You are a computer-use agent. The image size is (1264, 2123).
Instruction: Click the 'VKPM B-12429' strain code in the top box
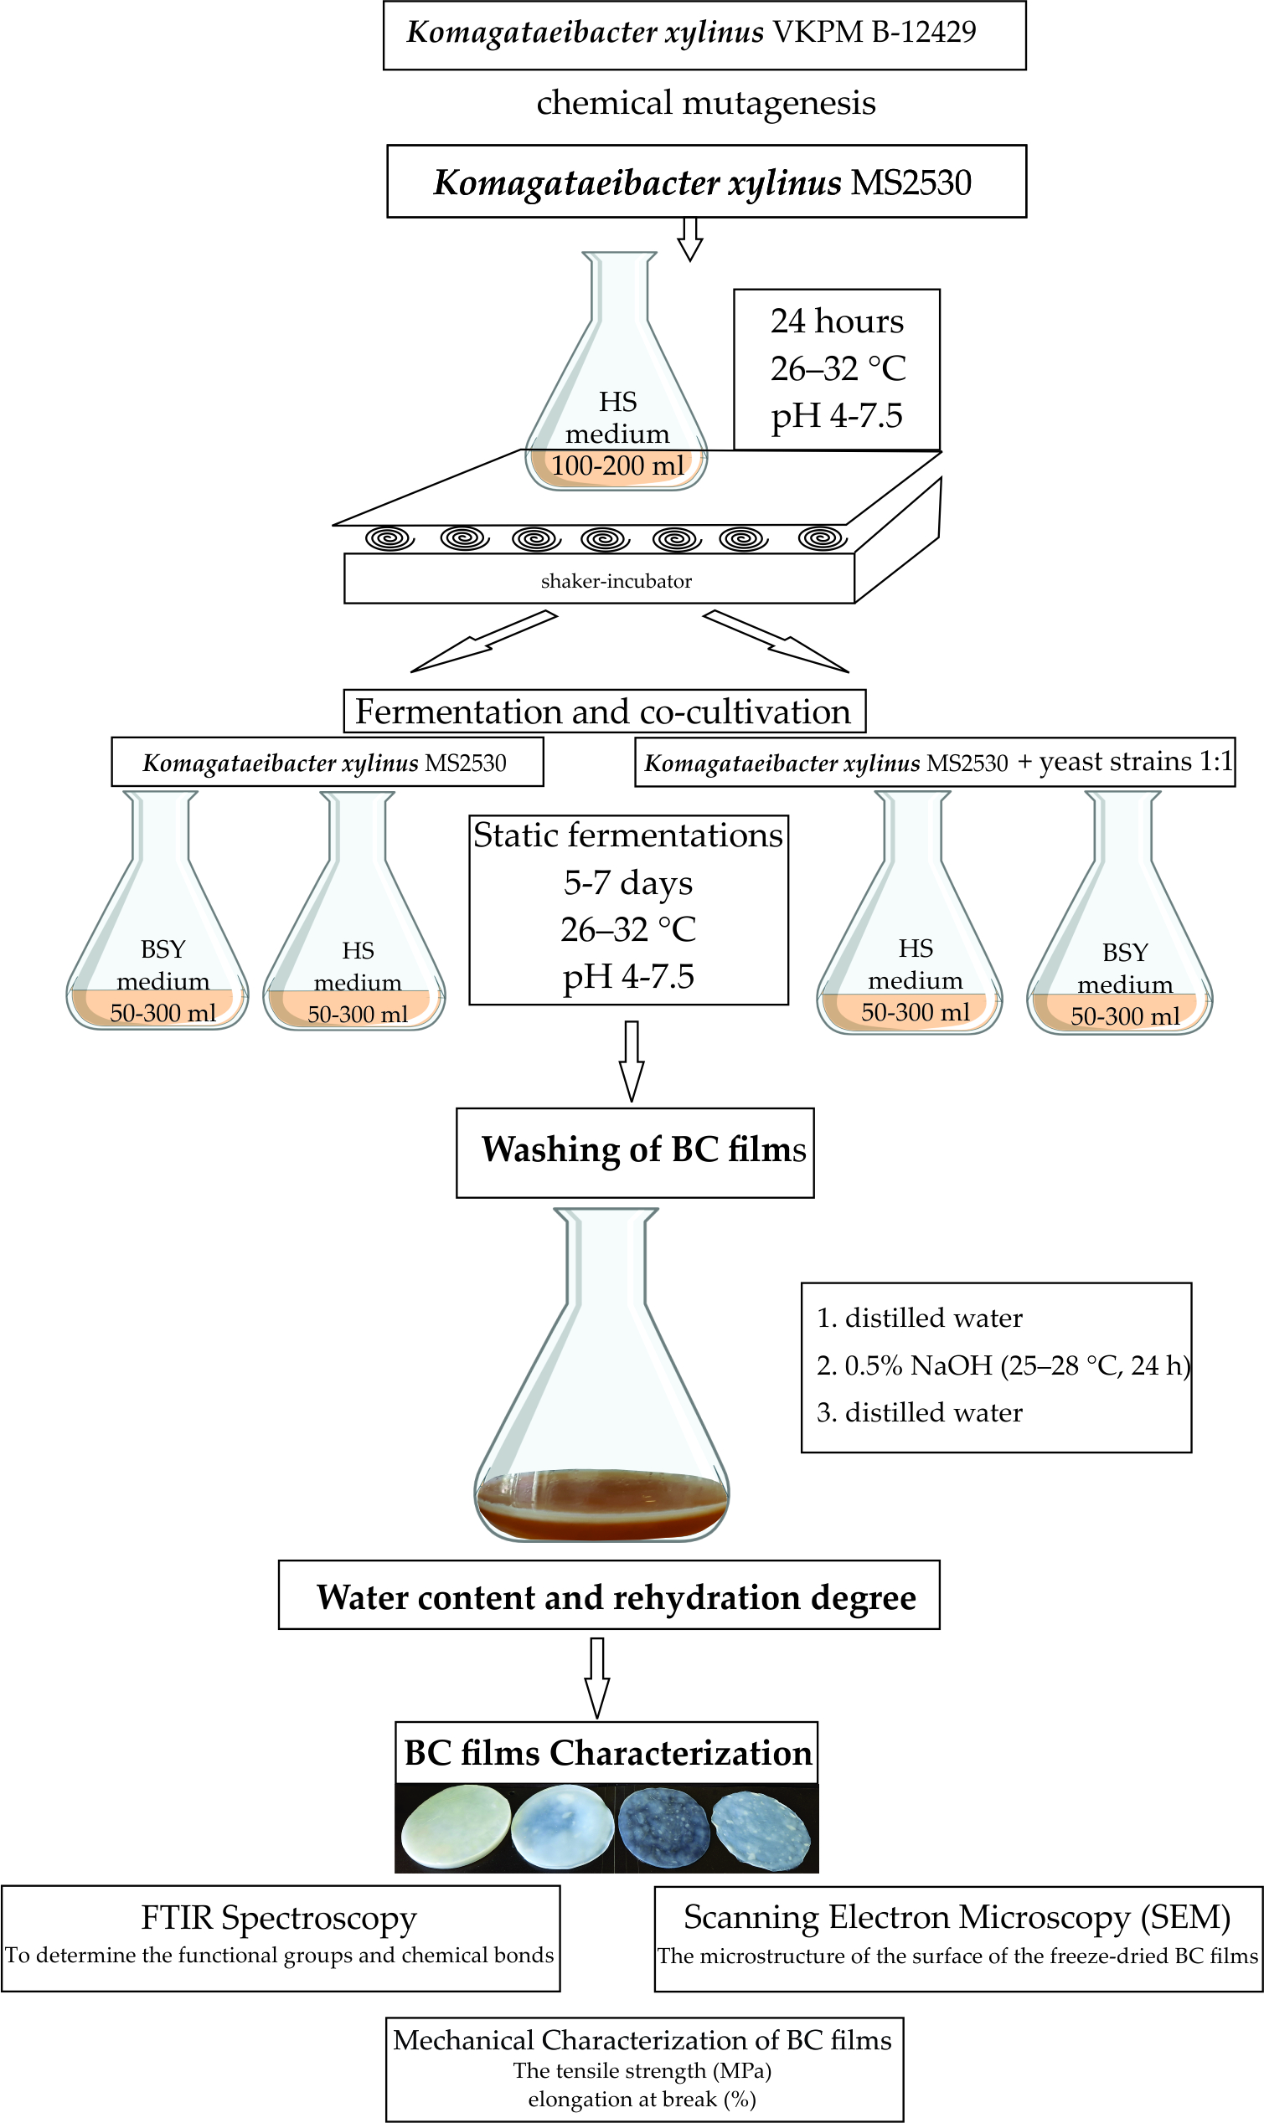pyautogui.click(x=873, y=33)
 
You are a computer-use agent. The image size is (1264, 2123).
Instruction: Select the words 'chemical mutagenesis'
pyautogui.click(x=705, y=103)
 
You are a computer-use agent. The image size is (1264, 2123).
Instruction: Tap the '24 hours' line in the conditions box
pyautogui.click(x=837, y=321)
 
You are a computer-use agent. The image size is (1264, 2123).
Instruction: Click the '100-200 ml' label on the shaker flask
pyautogui.click(x=617, y=465)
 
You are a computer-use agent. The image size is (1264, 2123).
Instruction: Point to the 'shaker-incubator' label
pyautogui.click(x=616, y=582)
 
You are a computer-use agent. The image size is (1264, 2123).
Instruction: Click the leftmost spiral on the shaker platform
pyautogui.click(x=390, y=539)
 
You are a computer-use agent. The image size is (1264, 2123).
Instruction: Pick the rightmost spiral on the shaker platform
pyautogui.click(x=822, y=539)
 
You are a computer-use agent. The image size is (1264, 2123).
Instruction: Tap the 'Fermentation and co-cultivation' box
pyautogui.click(x=603, y=712)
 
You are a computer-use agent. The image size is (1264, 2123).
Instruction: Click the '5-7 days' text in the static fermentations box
pyautogui.click(x=627, y=882)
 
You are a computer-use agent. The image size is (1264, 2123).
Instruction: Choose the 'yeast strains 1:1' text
pyautogui.click(x=1135, y=761)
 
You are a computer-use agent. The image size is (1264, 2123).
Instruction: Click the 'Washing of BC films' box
pyautogui.click(x=635, y=1151)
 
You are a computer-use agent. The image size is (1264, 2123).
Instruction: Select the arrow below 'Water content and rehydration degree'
pyautogui.click(x=597, y=1677)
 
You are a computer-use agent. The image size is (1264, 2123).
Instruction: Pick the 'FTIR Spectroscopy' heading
pyautogui.click(x=279, y=1918)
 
